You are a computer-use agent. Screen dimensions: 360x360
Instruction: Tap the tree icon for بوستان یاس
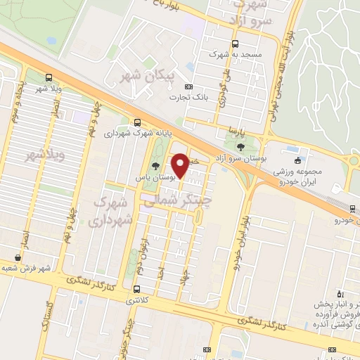155,166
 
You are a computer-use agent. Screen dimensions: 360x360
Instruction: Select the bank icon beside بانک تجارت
190,67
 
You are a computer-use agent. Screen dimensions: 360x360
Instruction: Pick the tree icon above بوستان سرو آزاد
241,147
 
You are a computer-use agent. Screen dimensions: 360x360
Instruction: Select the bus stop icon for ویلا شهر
48,77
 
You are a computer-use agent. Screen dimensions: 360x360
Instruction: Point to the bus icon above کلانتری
136,289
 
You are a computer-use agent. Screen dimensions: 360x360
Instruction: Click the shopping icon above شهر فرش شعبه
18,257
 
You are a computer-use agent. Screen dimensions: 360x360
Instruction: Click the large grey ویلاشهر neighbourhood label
45,154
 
